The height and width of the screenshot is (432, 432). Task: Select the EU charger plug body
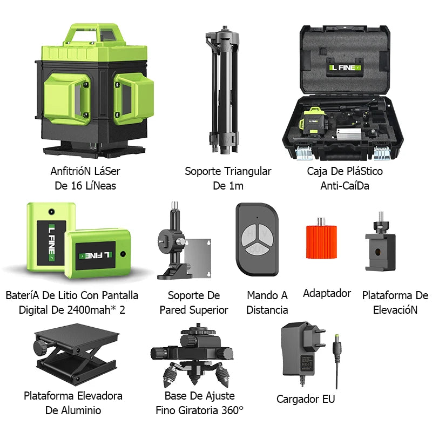[300, 351]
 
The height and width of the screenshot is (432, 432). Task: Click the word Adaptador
[327, 293]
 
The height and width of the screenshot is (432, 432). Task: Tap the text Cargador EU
[306, 399]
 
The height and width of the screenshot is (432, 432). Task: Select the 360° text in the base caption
[232, 410]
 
